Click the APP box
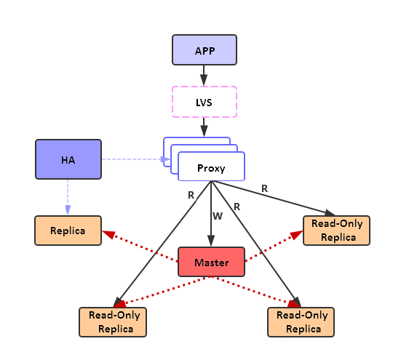tap(204, 50)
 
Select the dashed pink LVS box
tap(204, 101)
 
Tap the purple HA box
tap(68, 159)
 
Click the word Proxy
tap(211, 169)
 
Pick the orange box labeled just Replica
tap(68, 231)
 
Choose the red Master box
tap(211, 263)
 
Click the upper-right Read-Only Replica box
tap(337, 231)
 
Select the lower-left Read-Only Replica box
tap(112, 321)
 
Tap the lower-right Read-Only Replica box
tap(301, 321)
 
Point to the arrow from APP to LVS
tap(204, 75)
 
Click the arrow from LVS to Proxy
tap(204, 127)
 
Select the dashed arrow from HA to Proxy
tap(131, 159)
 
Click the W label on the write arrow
tap(217, 216)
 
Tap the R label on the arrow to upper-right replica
tap(264, 188)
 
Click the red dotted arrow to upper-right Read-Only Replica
tap(277, 243)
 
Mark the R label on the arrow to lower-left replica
tap(191, 195)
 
